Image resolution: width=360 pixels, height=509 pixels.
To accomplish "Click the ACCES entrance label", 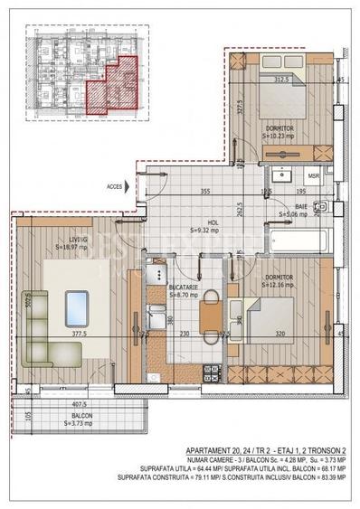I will click(113, 187).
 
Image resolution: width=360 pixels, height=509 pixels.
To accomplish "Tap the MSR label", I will click(312, 175).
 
